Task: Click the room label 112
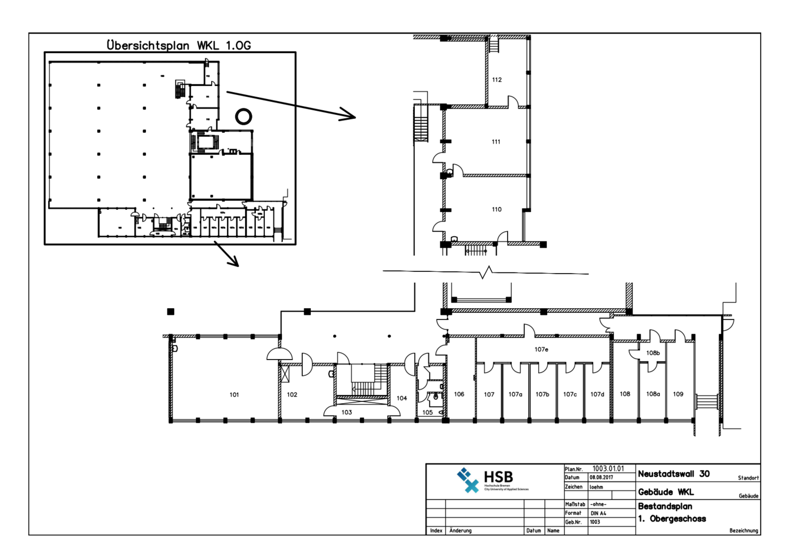(497, 80)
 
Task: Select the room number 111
(496, 142)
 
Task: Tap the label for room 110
(496, 209)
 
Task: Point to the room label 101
(234, 395)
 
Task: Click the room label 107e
(541, 349)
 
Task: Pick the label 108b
(653, 353)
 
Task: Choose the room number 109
(678, 394)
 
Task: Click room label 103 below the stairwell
(346, 412)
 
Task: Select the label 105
(427, 412)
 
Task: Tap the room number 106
(459, 394)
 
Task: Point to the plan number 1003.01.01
(608, 469)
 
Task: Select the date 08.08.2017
(601, 478)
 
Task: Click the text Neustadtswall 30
(673, 474)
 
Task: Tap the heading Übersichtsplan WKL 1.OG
(179, 45)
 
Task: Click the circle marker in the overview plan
(243, 116)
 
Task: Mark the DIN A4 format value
(598, 513)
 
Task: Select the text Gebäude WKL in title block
(666, 492)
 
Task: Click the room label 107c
(570, 394)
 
